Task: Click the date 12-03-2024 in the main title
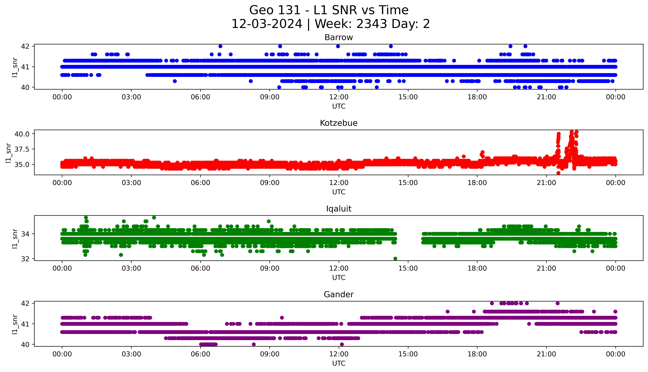[267, 24]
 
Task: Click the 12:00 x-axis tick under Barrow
[339, 97]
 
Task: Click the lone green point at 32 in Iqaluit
[395, 259]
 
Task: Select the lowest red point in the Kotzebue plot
[558, 173]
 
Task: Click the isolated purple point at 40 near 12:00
[342, 344]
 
